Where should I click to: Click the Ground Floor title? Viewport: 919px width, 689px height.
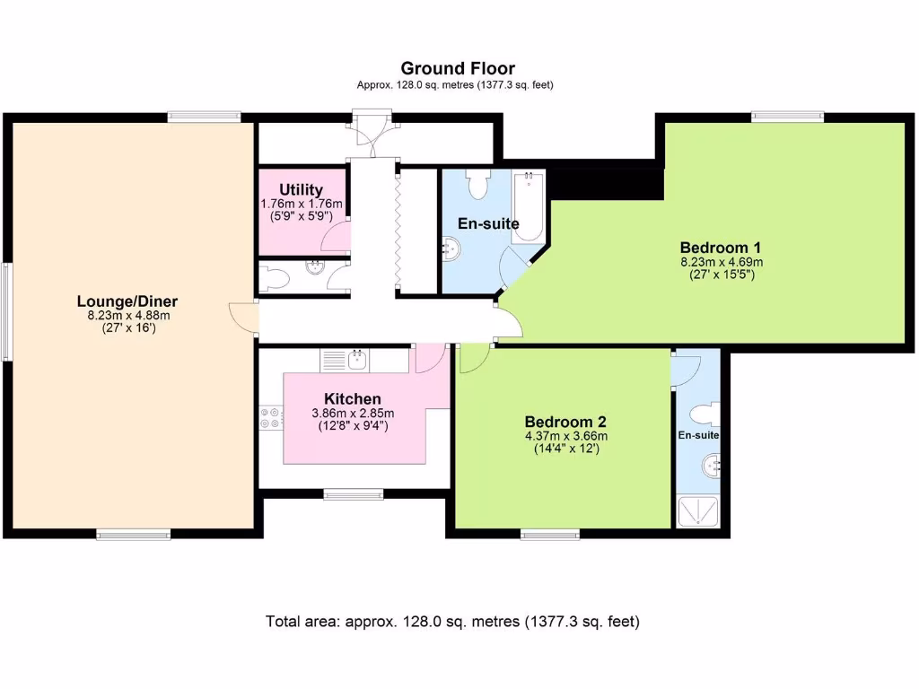click(458, 68)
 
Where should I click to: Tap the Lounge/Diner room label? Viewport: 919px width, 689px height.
click(127, 301)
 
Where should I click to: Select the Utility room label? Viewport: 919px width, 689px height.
click(301, 189)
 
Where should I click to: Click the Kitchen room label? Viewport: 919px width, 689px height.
click(353, 398)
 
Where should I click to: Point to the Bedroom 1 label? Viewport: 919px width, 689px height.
click(721, 248)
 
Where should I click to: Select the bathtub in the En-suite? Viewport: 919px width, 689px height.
click(528, 206)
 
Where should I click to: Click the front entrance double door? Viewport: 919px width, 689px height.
click(372, 130)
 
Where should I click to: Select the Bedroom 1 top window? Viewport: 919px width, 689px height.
click(787, 116)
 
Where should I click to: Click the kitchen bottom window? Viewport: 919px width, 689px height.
click(353, 493)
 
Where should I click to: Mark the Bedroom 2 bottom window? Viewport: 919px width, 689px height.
click(550, 535)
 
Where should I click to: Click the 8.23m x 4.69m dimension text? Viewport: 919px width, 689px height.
click(721, 262)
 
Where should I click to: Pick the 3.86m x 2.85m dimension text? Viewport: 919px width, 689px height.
click(353, 414)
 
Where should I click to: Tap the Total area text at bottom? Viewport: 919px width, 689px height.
click(452, 621)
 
